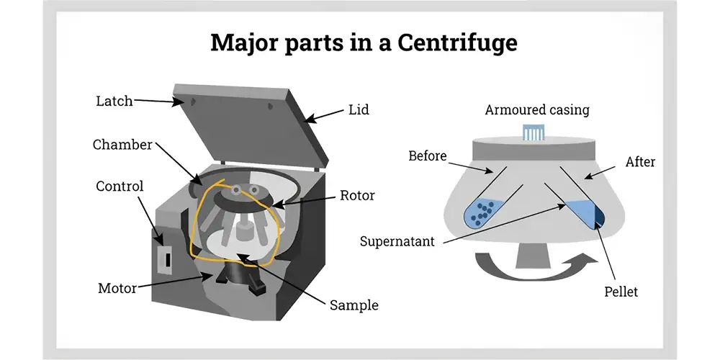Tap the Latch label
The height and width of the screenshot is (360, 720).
click(114, 101)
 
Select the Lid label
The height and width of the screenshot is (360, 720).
click(359, 109)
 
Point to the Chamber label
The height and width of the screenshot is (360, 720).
click(122, 145)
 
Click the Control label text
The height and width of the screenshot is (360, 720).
click(120, 186)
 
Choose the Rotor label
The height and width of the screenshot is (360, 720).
click(357, 195)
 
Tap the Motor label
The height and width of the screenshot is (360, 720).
click(117, 289)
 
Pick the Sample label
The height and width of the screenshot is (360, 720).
click(354, 305)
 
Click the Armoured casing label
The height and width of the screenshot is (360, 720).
click(537, 110)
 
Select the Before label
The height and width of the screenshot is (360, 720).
click(428, 156)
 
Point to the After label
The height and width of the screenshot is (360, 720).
click(640, 161)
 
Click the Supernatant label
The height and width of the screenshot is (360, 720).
click(397, 241)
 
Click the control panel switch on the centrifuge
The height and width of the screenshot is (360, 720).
click(168, 260)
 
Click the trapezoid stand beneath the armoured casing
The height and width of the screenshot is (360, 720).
click(533, 254)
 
